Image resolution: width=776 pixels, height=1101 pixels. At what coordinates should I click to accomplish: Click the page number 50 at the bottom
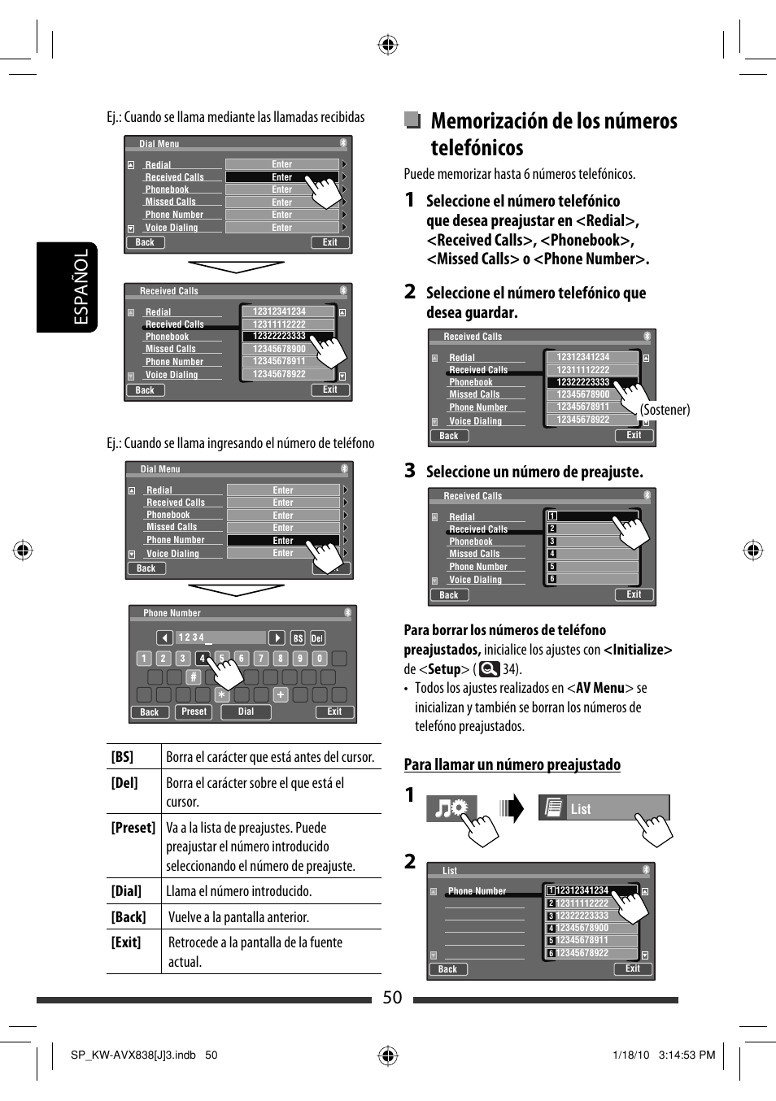392,998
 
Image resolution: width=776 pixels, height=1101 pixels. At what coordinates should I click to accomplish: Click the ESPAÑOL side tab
81,287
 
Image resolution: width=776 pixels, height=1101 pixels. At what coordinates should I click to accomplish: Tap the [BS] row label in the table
122,757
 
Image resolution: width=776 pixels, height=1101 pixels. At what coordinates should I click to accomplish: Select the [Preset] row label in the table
133,828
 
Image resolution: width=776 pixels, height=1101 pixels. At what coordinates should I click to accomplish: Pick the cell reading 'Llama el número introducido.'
238,891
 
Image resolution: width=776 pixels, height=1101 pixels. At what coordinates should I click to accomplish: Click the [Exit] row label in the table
126,942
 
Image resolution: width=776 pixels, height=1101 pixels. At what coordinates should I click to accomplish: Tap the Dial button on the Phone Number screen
246,712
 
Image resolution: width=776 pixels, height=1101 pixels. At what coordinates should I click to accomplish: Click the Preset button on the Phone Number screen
194,712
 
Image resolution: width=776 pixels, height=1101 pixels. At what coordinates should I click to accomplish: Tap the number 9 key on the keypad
299,659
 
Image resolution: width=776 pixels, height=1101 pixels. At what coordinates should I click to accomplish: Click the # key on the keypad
193,677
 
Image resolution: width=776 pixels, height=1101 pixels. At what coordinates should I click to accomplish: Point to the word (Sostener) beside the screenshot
665,410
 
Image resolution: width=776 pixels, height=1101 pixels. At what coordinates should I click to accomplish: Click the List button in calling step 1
603,808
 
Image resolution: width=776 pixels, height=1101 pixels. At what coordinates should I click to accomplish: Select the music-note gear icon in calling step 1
451,808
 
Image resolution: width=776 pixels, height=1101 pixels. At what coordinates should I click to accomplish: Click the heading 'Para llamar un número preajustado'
512,764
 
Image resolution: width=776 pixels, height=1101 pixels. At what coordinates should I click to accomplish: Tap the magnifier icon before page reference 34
489,669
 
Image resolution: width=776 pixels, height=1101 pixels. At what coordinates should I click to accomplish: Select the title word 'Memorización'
490,121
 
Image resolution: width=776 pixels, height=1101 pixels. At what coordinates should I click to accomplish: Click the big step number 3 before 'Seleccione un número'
410,471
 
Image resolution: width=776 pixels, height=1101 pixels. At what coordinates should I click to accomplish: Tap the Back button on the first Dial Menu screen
145,242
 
